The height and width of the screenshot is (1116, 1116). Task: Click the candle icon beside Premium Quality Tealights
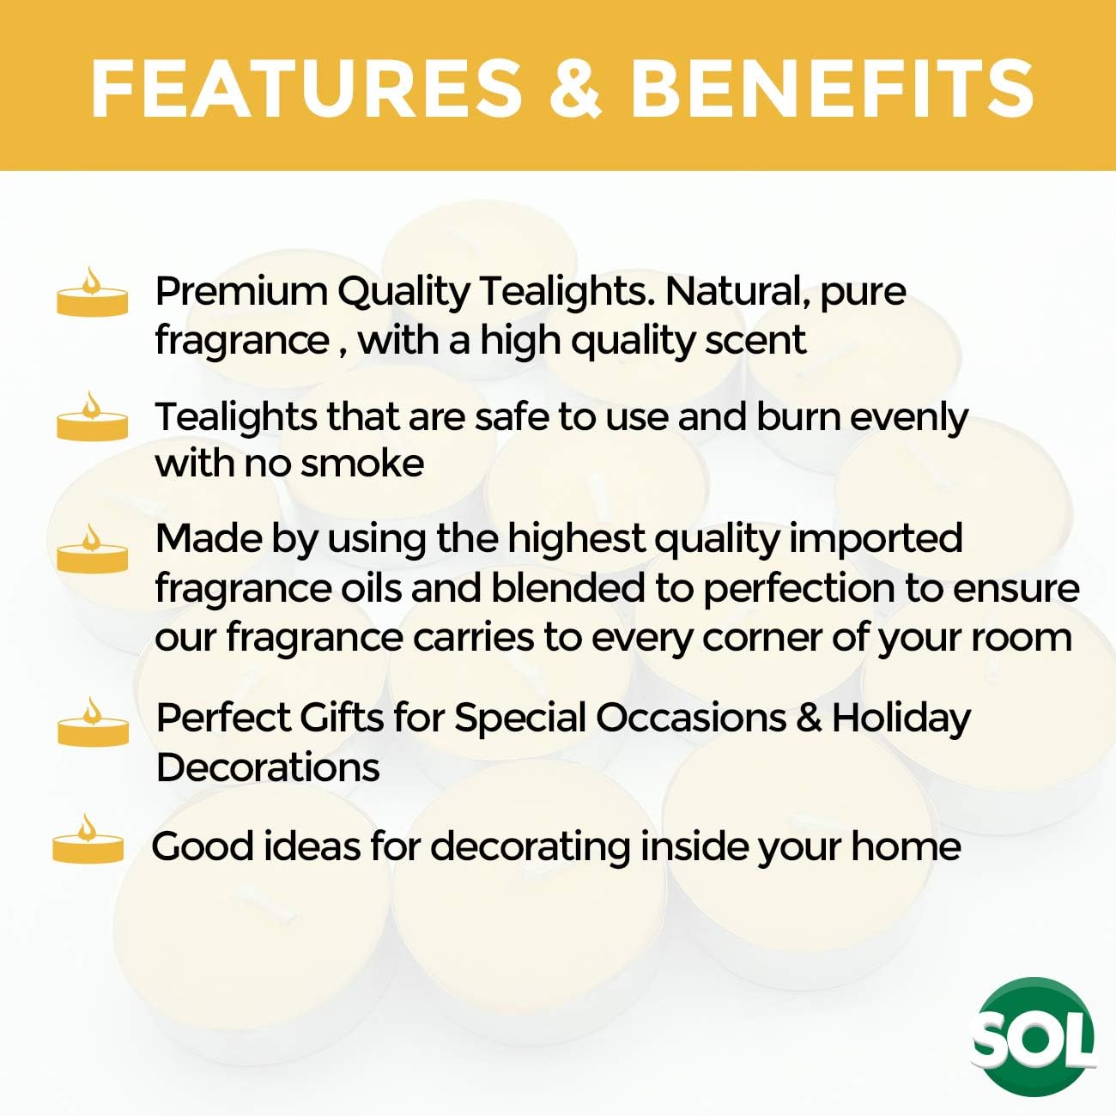92,293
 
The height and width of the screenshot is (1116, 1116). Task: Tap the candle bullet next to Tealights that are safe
92,417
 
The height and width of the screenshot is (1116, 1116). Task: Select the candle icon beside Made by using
92,549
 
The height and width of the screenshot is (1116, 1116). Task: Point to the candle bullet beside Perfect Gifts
93,722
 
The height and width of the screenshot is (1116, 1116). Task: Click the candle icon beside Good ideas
88,840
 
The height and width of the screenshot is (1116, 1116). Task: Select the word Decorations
268,768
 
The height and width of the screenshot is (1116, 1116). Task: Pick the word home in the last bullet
906,847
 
